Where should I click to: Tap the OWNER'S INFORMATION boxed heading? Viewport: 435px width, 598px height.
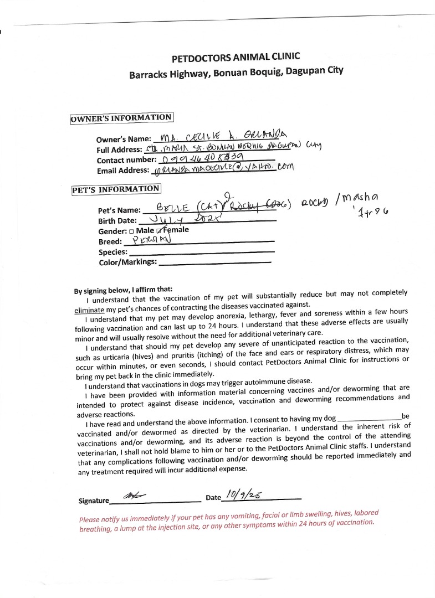click(x=121, y=117)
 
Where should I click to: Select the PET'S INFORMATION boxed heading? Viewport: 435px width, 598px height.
click(x=116, y=189)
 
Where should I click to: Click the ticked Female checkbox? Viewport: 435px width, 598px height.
click(x=160, y=230)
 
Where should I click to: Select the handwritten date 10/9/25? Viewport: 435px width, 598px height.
click(x=243, y=493)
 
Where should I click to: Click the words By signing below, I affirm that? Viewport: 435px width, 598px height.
click(x=123, y=290)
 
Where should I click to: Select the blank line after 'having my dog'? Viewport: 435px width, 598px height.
click(x=369, y=417)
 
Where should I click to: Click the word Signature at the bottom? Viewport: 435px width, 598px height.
click(x=94, y=501)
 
